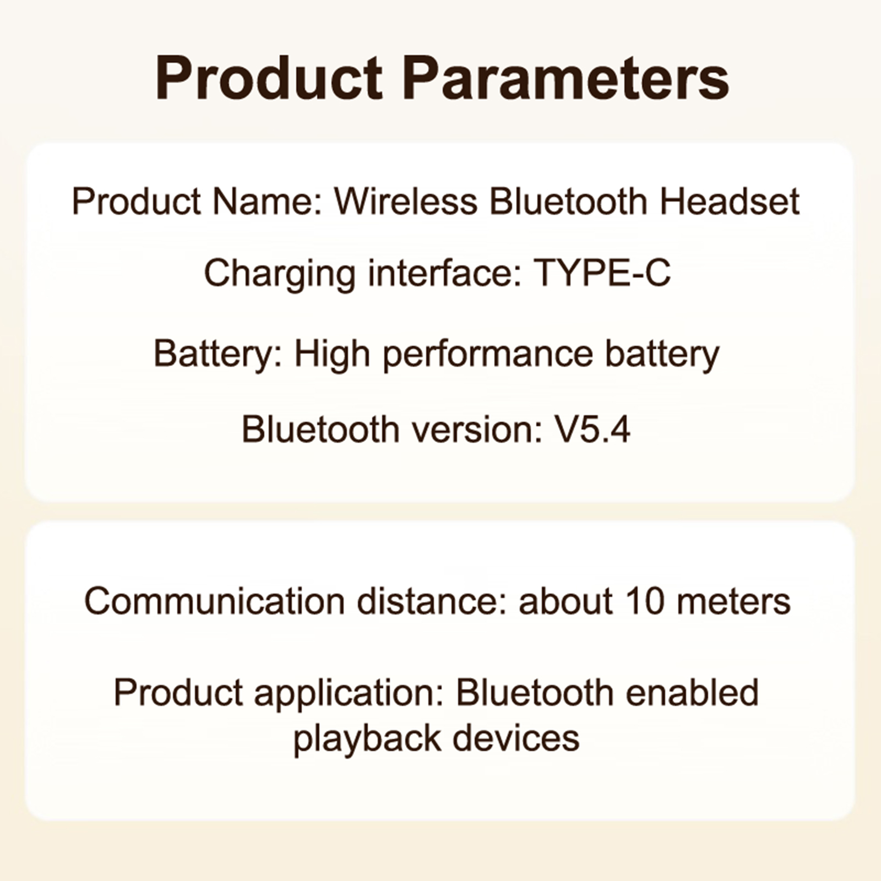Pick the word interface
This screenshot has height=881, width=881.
(x=445, y=273)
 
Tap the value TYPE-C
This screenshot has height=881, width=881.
(x=603, y=273)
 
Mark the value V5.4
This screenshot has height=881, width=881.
(x=591, y=429)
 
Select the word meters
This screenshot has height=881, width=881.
(x=733, y=602)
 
